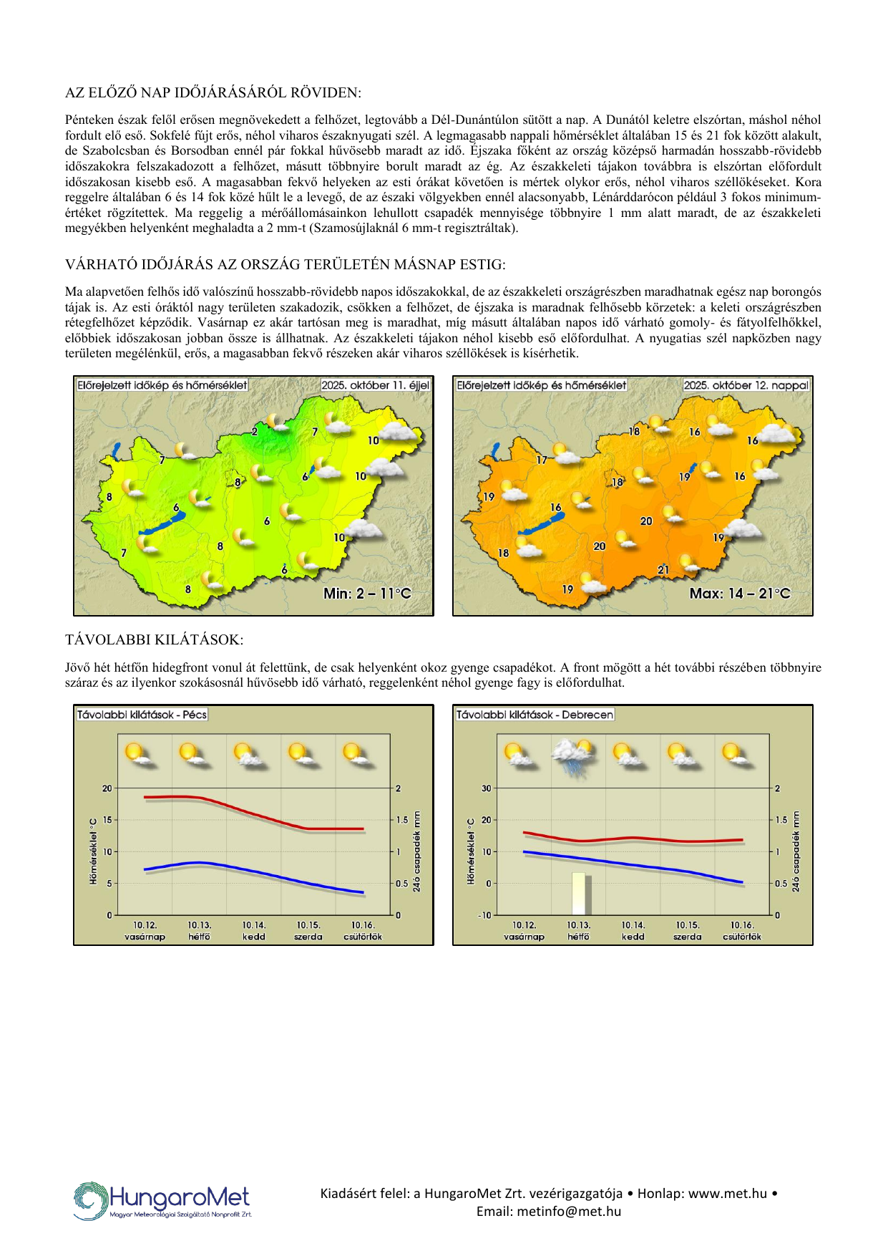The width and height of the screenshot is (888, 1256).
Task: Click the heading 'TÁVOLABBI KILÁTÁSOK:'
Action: click(154, 639)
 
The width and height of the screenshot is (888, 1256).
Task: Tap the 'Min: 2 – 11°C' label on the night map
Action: click(367, 594)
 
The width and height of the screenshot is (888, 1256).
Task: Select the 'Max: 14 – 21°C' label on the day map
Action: click(740, 594)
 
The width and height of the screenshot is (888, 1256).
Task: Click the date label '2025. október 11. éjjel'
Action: click(375, 385)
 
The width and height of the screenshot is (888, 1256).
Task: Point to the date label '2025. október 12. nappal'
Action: click(746, 385)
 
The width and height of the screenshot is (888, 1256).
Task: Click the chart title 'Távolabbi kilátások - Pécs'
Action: click(142, 715)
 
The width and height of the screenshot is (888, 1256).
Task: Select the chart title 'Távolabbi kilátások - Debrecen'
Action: click(535, 715)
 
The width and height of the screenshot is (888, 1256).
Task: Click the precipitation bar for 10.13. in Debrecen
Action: click(579, 893)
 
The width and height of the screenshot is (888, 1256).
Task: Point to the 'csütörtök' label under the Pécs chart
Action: click(363, 937)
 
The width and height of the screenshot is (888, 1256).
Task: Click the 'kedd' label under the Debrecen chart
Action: click(633, 937)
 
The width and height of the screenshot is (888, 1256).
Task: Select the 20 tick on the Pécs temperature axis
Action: click(107, 788)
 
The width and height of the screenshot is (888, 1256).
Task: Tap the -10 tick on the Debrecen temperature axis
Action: click(486, 915)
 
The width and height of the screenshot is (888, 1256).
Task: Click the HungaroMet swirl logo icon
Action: click(90, 1201)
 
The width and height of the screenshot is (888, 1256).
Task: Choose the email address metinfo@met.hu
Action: click(549, 1212)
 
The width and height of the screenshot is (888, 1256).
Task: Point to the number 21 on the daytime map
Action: click(663, 569)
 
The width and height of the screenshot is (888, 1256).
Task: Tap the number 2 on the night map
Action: click(254, 431)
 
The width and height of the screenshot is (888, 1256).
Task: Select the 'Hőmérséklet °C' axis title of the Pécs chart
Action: click(93, 851)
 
